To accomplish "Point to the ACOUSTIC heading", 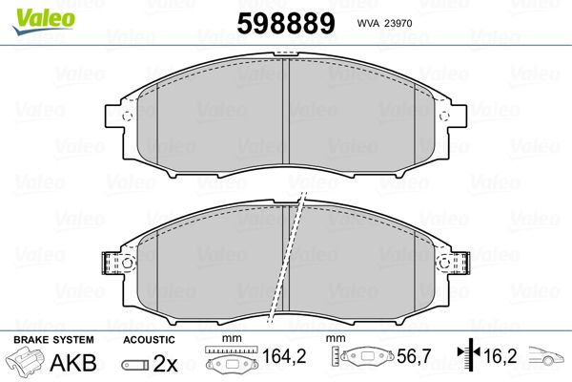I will tap(150, 340).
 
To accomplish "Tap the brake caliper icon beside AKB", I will tap(28, 364).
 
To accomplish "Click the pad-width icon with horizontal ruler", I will tap(232, 362).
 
